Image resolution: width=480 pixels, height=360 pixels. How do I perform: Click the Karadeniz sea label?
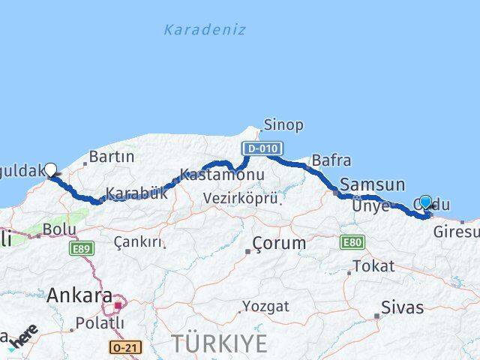pos(205,30)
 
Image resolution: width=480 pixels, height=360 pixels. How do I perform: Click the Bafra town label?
pos(331,159)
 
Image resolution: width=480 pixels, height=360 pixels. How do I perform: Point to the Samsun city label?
pos(373,184)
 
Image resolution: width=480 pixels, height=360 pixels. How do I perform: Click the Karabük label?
pos(136,193)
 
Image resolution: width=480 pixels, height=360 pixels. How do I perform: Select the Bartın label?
pos(112,157)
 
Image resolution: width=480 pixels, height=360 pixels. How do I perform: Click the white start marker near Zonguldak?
pos(51,169)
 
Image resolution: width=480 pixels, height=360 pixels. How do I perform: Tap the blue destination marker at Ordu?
pos(426,202)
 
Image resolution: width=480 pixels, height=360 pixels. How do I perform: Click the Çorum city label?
pos(279,244)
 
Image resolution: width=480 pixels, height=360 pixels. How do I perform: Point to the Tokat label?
pos(373,266)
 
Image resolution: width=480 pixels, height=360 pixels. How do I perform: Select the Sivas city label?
pos(402,307)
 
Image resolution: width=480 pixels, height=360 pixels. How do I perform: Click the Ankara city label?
pos(79,295)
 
